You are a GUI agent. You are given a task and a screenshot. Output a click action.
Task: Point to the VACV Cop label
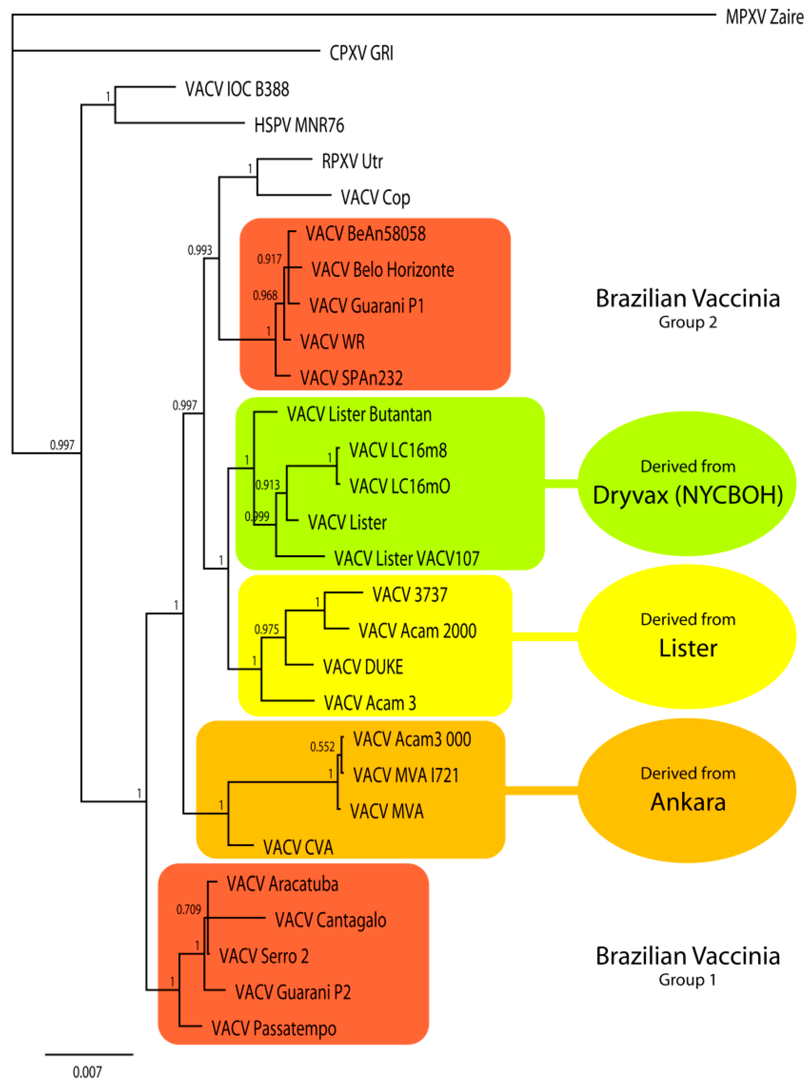[x=375, y=198]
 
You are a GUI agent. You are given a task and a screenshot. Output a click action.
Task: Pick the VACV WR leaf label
[x=332, y=342]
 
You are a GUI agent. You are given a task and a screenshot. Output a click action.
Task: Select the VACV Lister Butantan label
[x=359, y=414]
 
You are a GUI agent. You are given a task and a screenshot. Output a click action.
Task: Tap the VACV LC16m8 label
[x=398, y=451]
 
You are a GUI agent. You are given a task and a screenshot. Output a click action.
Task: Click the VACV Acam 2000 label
[x=417, y=631]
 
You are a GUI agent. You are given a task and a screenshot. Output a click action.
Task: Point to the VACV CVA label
[x=298, y=847]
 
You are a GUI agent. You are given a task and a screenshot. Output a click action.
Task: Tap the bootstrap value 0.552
[x=322, y=747]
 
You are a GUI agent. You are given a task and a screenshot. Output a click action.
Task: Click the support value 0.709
[x=188, y=910]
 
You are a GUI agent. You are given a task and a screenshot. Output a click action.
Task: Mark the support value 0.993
[x=200, y=250]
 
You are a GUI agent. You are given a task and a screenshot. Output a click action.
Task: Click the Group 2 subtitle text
[x=687, y=322]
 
